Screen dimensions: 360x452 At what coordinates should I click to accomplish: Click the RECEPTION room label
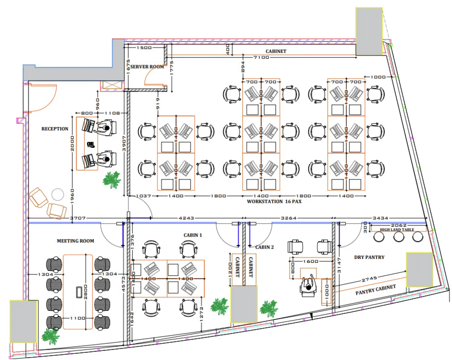tap(55, 129)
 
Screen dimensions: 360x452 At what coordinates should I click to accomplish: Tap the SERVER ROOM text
tap(147, 67)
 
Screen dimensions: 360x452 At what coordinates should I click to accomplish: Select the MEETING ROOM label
tap(75, 241)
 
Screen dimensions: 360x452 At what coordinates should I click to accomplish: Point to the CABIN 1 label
tap(193, 235)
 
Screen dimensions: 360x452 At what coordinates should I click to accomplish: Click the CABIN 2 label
tap(265, 247)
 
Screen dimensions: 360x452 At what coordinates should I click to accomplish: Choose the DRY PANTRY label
tap(369, 257)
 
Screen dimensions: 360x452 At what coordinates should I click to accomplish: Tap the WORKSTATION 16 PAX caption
tap(274, 202)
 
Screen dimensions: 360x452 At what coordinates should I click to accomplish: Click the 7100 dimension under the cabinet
tap(261, 57)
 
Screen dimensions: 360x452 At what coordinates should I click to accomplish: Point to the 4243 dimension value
tap(186, 218)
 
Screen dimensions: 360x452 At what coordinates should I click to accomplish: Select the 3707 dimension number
tap(78, 218)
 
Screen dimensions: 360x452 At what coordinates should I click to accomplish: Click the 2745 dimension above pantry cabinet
tap(369, 279)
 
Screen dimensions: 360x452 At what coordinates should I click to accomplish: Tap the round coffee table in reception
tap(58, 195)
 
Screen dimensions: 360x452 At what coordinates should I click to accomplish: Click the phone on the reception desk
tap(91, 144)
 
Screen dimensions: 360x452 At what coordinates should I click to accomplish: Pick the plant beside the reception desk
tap(112, 180)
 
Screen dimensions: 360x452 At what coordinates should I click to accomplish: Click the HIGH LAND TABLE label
tap(397, 230)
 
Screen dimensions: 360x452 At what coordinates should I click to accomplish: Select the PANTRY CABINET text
tap(375, 290)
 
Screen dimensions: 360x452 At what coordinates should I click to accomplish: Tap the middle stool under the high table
tap(399, 237)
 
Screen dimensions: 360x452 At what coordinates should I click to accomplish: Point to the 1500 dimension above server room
tap(144, 48)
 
